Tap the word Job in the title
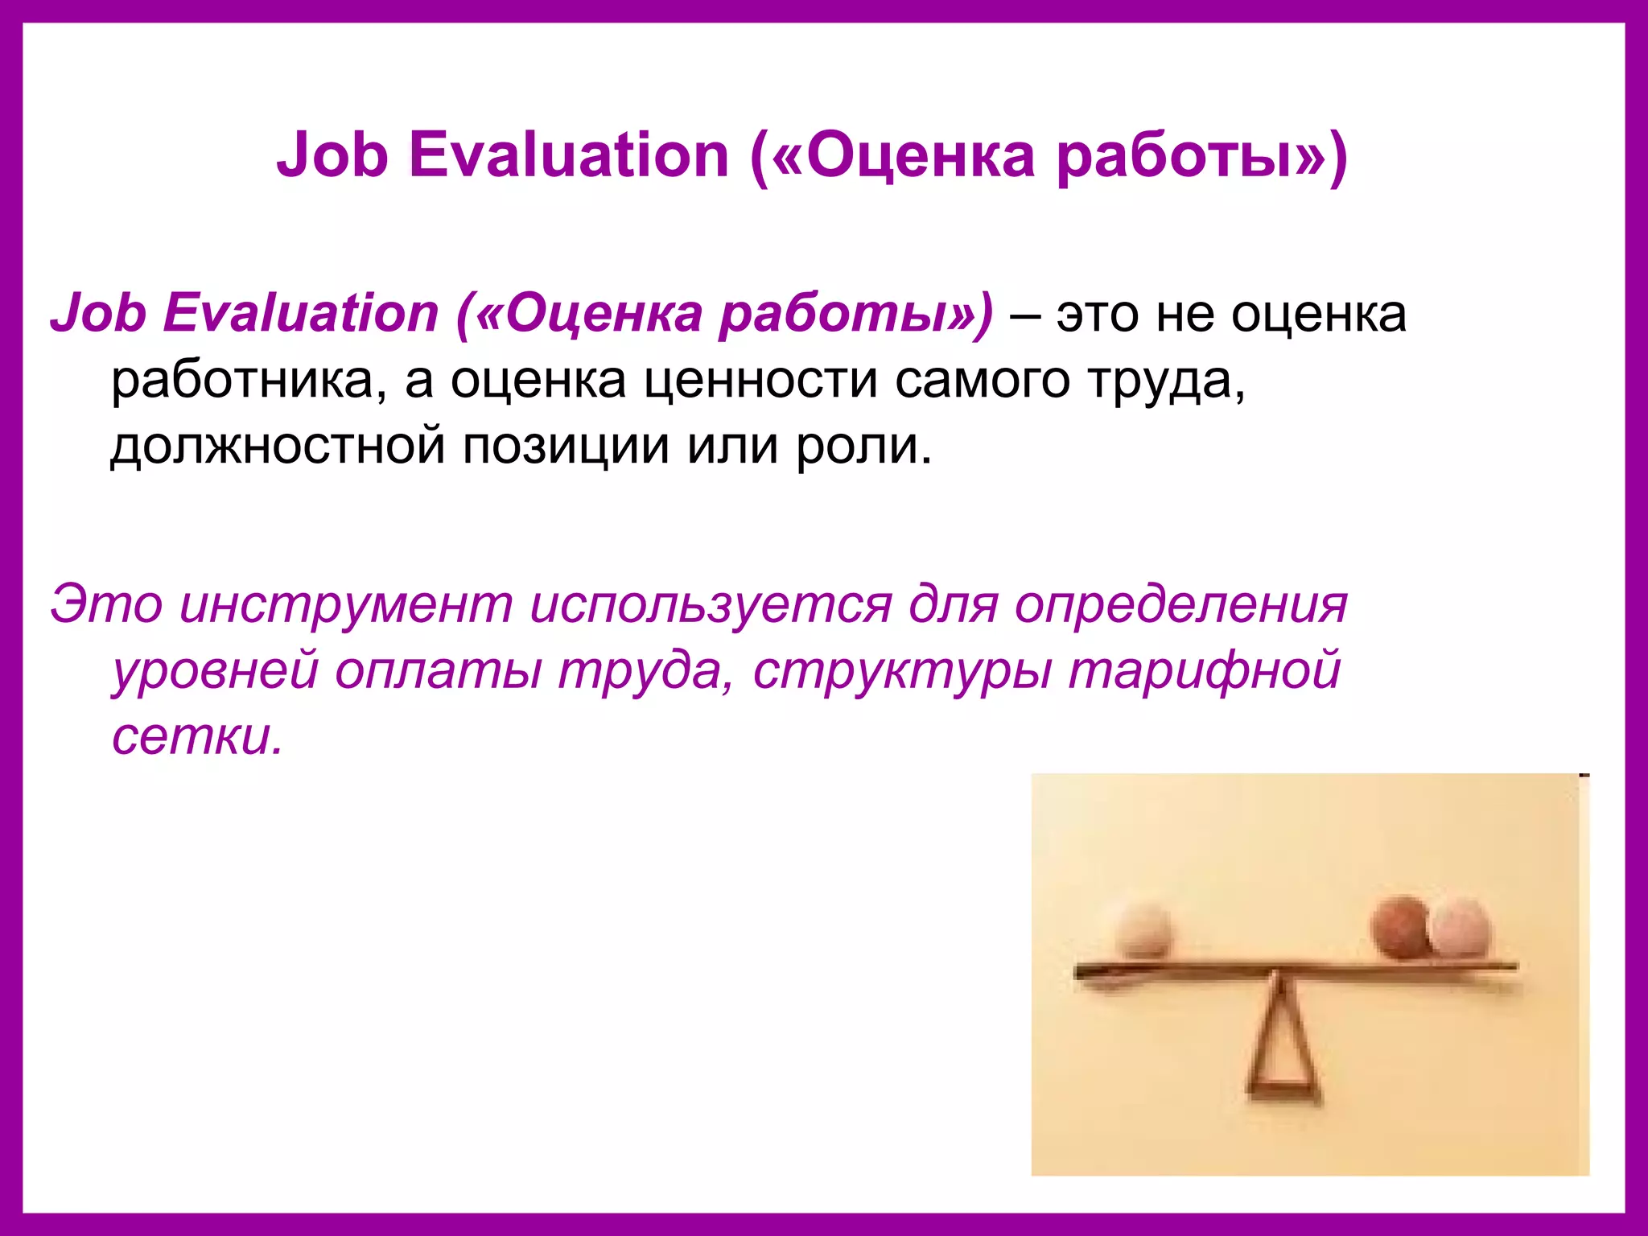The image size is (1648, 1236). pyautogui.click(x=332, y=154)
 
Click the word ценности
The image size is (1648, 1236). pyautogui.click(x=761, y=381)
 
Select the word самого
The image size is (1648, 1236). pyautogui.click(x=983, y=381)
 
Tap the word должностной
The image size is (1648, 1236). pyautogui.click(x=278, y=446)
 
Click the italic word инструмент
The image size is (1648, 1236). pyautogui.click(x=346, y=604)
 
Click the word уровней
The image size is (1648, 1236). pyautogui.click(x=216, y=671)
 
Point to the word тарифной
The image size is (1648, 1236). pyautogui.click(x=1204, y=671)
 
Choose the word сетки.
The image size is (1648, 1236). pyautogui.click(x=197, y=736)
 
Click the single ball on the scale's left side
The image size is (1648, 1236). pyautogui.click(x=1143, y=929)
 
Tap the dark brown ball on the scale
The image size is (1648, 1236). pyautogui.click(x=1403, y=927)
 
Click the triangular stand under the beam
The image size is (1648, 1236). pyautogui.click(x=1283, y=1046)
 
